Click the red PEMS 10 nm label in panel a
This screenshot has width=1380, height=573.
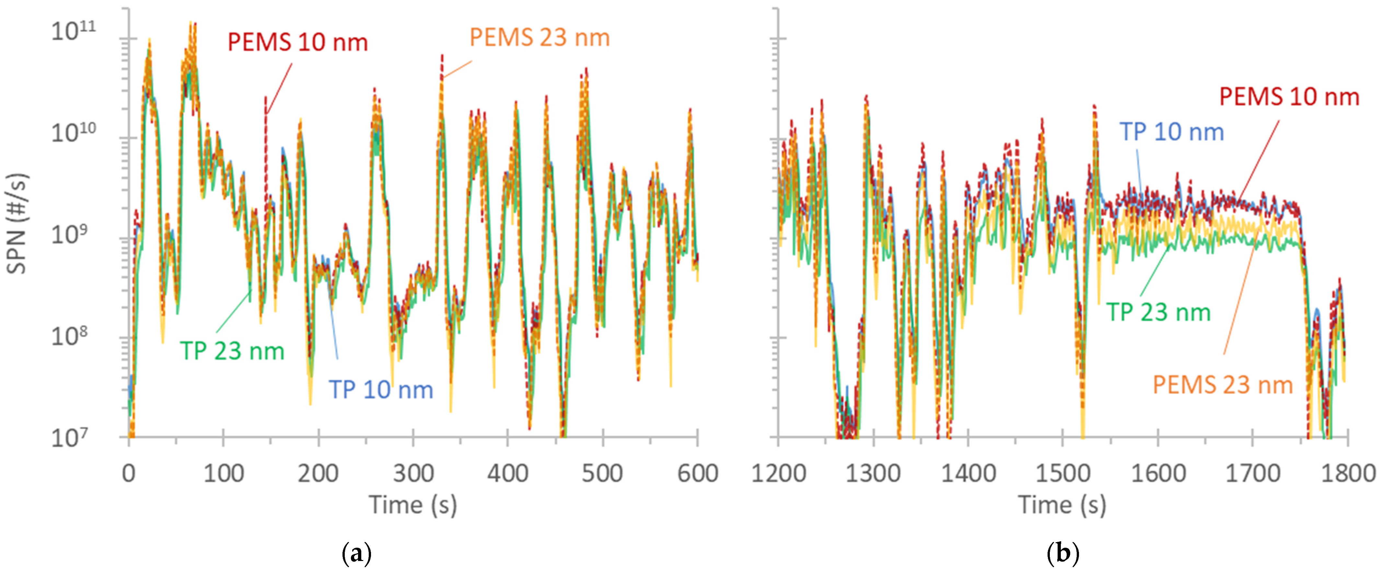point(298,42)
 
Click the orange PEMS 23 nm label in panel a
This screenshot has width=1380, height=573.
point(539,38)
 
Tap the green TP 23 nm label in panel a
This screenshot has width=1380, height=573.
point(232,351)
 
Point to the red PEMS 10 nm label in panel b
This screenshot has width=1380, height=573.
point(1289,97)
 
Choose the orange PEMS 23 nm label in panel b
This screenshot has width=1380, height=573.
point(1223,385)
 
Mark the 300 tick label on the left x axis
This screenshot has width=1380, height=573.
point(413,474)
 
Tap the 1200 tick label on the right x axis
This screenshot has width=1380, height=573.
point(778,474)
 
